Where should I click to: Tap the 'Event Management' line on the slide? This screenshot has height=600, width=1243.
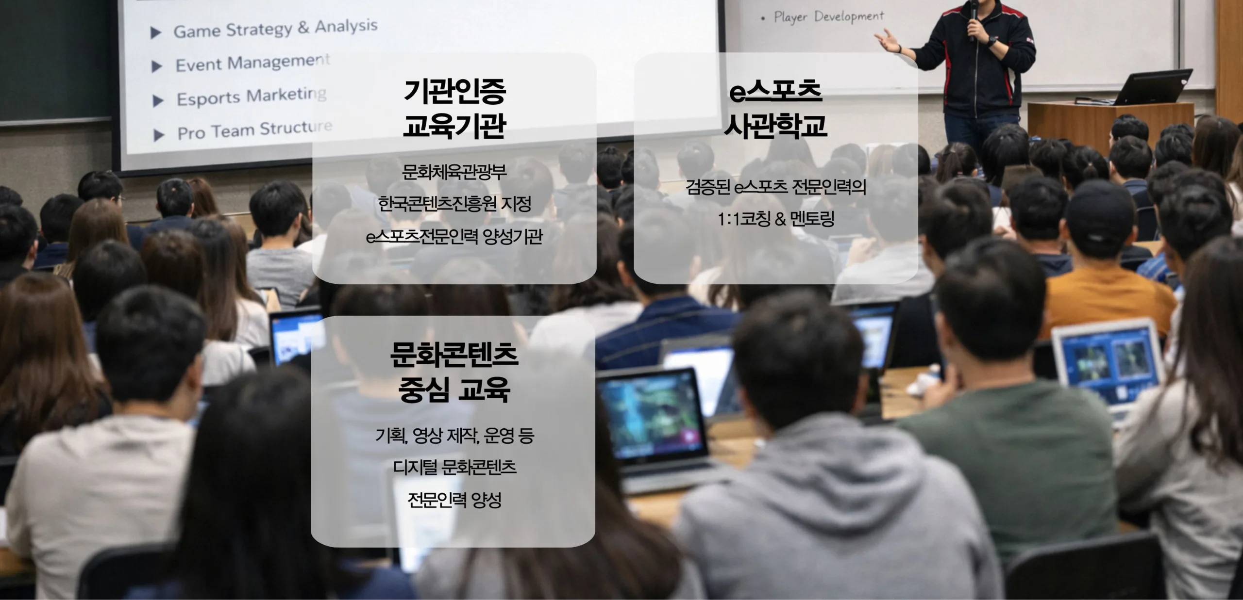click(x=252, y=63)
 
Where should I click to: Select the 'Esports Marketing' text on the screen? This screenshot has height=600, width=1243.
click(x=252, y=96)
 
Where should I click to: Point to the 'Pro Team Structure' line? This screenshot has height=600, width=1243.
click(x=255, y=130)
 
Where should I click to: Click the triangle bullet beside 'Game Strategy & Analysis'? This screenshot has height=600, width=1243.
click(x=156, y=33)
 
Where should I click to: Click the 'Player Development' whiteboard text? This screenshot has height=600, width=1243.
click(x=829, y=17)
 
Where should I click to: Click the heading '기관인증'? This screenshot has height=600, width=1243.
click(x=454, y=91)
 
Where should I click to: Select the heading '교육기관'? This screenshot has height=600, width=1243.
click(x=454, y=125)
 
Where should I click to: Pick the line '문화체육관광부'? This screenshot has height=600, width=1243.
click(x=454, y=172)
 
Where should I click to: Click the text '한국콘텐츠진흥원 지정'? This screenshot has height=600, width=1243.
click(x=454, y=204)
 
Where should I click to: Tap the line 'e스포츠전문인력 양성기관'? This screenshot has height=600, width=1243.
click(x=454, y=237)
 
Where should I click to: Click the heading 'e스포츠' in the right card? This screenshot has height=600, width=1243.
click(x=775, y=91)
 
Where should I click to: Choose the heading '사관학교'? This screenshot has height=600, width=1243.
click(x=775, y=125)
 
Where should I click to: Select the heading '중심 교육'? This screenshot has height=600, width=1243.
click(x=454, y=389)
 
